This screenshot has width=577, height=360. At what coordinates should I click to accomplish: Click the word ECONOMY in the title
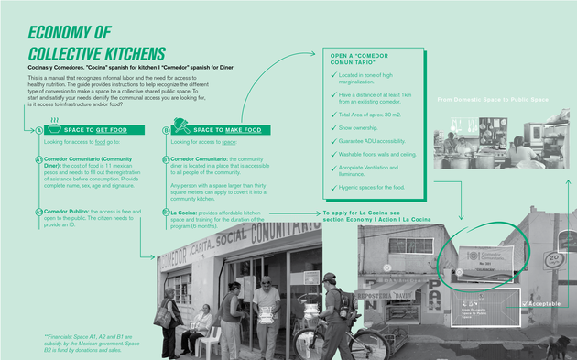click(65, 32)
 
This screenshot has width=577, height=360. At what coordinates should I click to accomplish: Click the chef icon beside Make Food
click(182, 130)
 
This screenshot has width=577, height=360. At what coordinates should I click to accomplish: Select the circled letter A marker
click(38, 130)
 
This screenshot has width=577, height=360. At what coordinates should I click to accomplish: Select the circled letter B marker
click(166, 130)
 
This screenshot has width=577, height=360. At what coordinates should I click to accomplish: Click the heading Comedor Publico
click(65, 212)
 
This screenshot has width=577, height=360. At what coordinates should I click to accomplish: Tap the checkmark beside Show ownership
click(332, 128)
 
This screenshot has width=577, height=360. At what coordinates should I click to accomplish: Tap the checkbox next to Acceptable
click(525, 302)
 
